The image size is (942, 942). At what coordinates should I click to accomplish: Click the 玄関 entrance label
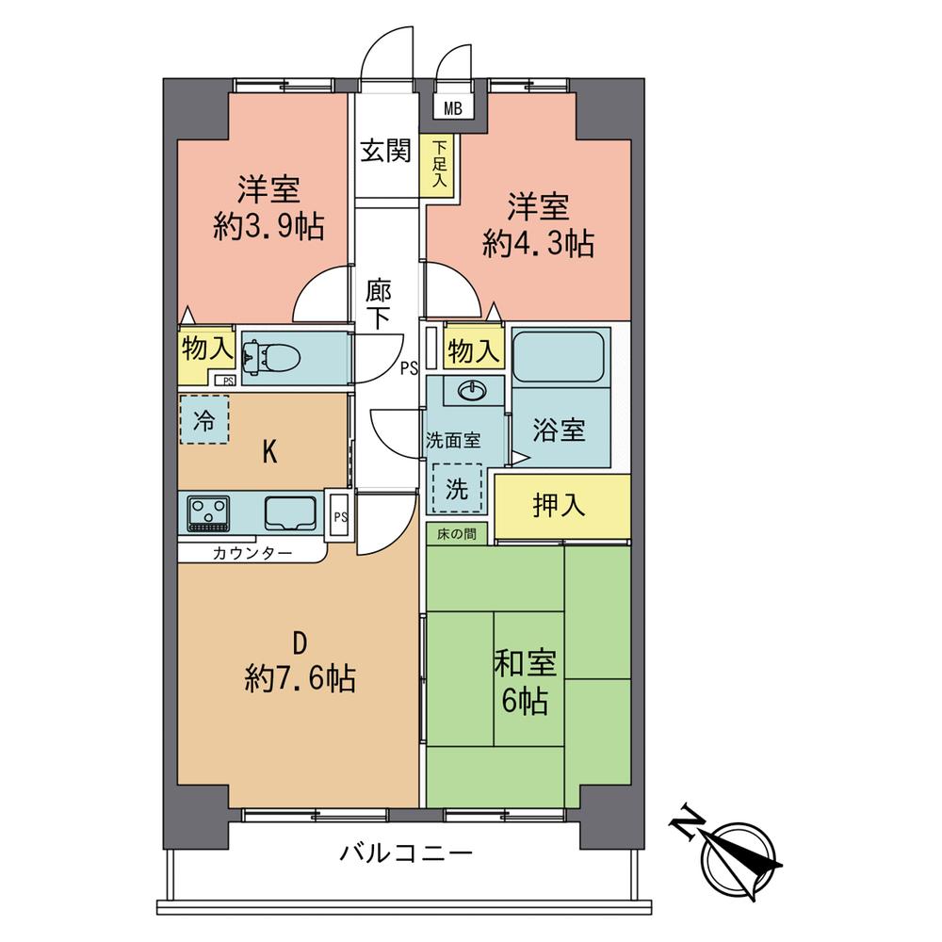pos(386,150)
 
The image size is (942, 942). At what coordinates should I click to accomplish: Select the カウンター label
pos(252,553)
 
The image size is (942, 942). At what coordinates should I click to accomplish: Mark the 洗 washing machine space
pos(456,490)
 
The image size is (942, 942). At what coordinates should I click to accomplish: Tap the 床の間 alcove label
pos(456,535)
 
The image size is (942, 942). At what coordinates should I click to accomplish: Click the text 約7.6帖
pos(300,678)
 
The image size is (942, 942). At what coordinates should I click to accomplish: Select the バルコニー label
pos(405,855)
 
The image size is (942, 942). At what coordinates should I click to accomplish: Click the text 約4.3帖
pos(538,244)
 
